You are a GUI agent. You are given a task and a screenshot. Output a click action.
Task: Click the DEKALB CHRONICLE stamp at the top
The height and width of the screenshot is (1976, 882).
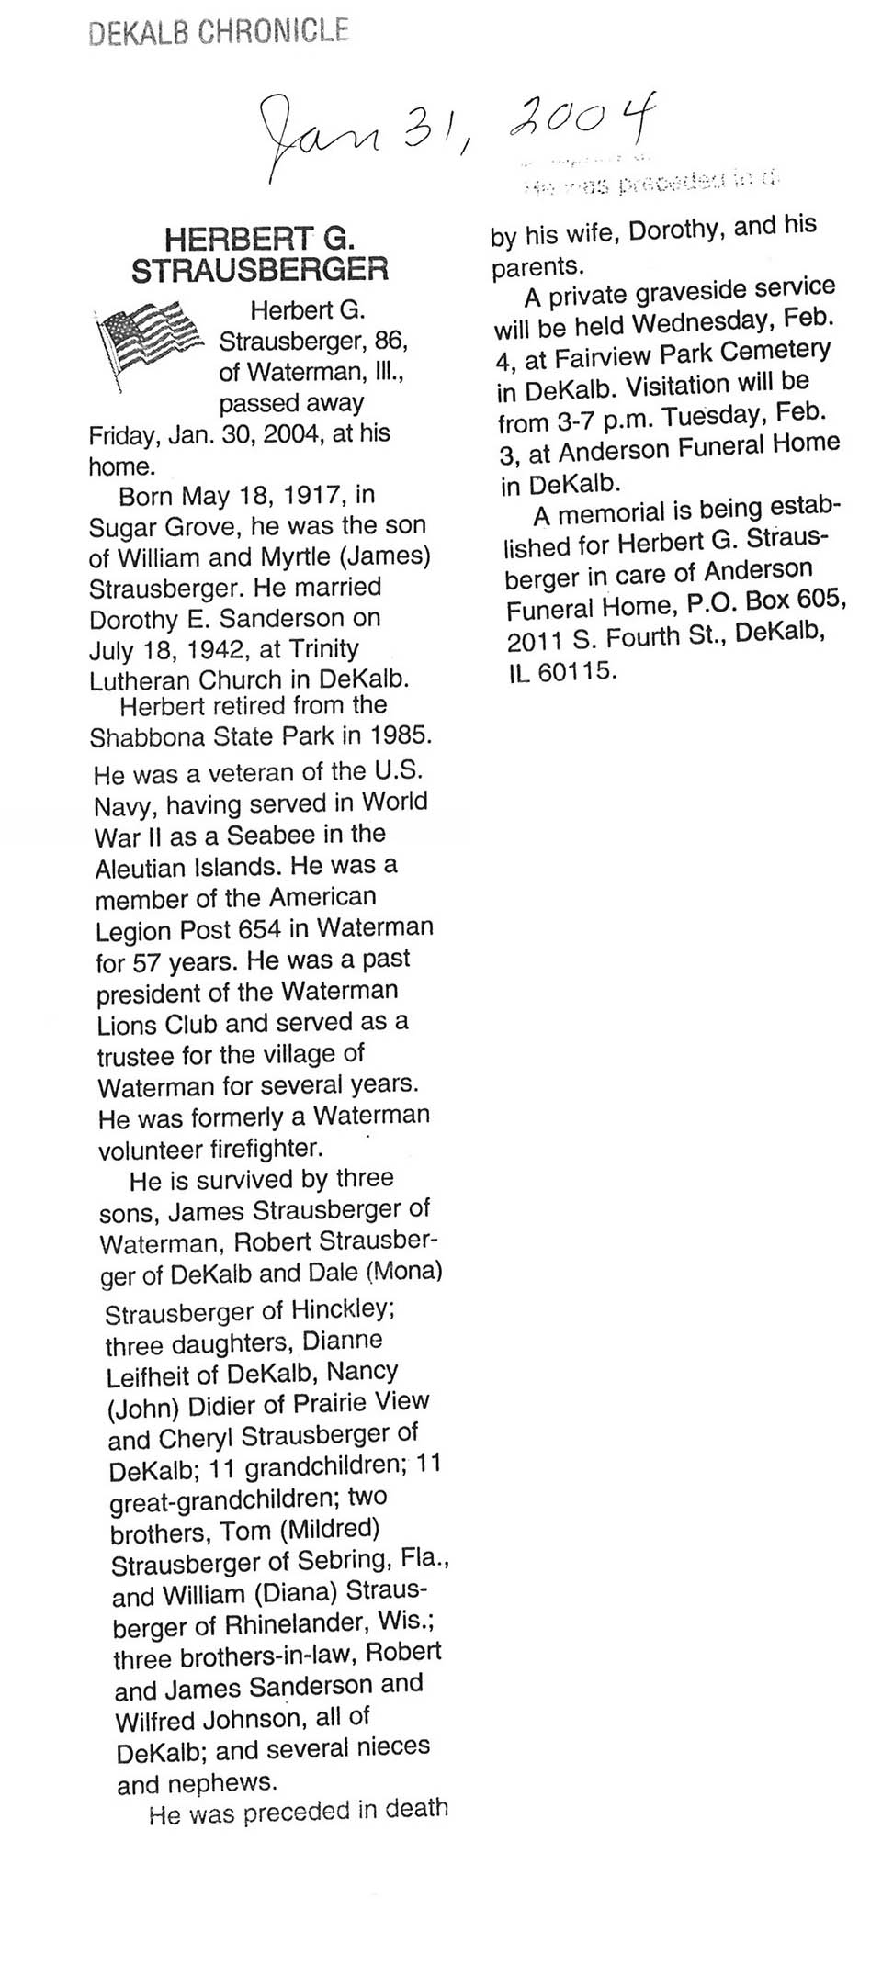click(x=219, y=32)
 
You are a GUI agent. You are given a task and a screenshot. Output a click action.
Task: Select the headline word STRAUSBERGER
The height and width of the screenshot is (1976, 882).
click(x=260, y=270)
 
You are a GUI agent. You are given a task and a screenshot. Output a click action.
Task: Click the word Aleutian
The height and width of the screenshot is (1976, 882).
click(x=141, y=868)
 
